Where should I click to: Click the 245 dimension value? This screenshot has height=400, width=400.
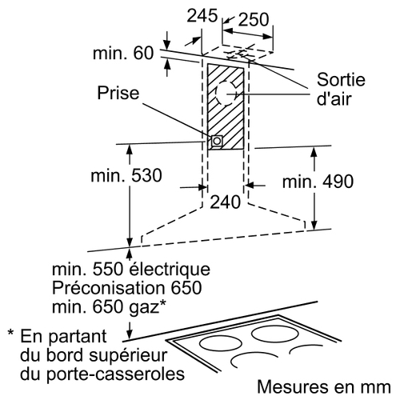coord(202,16)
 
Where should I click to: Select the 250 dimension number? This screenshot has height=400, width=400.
coord(254,19)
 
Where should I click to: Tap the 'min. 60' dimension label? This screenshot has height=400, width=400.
coord(123,53)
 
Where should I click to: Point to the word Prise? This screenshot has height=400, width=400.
coord(118,93)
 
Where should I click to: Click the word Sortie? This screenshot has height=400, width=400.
coord(341,79)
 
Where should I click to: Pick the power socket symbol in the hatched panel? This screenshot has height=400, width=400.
coord(217,141)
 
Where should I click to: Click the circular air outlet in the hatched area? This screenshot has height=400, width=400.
coord(226,94)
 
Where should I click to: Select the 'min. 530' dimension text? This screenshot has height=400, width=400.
coord(126,175)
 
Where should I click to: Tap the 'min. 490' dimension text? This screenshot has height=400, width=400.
coord(318,182)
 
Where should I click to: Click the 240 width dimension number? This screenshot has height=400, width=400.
coord(226,202)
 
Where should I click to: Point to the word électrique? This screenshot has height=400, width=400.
coord(170,270)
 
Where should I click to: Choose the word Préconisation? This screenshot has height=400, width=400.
coord(108,288)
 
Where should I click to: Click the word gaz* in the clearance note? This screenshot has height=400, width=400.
coord(147,306)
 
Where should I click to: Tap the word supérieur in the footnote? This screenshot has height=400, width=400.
coord(128,356)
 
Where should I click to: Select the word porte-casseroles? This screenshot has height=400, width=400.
coord(115,374)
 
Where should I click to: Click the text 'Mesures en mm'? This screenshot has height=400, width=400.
coord(324,386)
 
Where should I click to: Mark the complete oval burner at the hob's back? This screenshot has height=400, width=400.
coord(275,334)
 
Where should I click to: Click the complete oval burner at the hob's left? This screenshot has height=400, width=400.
coord(221,344)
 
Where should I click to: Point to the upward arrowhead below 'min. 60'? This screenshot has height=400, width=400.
coord(167,65)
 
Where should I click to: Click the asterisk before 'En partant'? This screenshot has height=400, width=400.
coord(10,333)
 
